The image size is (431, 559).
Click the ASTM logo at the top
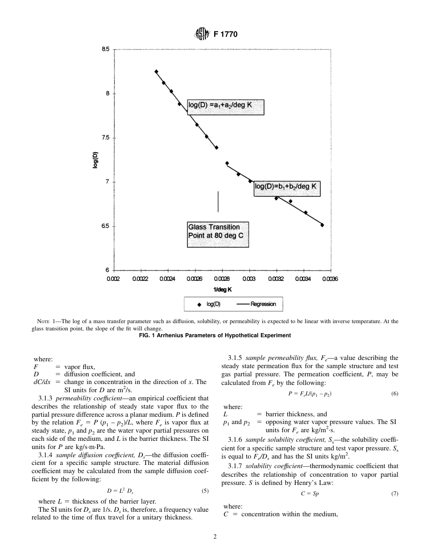point(201,34)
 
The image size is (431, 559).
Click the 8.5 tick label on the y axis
point(105,49)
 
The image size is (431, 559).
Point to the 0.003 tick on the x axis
point(248,279)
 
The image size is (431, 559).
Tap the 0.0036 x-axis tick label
point(330,279)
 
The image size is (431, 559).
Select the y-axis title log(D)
point(95,160)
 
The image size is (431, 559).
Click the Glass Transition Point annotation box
point(218,235)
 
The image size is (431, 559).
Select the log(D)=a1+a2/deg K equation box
point(225,107)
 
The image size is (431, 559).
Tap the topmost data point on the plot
point(156,71)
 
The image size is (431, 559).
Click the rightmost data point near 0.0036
point(322,225)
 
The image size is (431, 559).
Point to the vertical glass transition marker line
point(218,201)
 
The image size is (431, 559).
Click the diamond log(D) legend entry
point(209,304)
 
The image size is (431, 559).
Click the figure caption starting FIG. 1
point(215,336)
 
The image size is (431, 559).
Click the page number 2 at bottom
point(215,537)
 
